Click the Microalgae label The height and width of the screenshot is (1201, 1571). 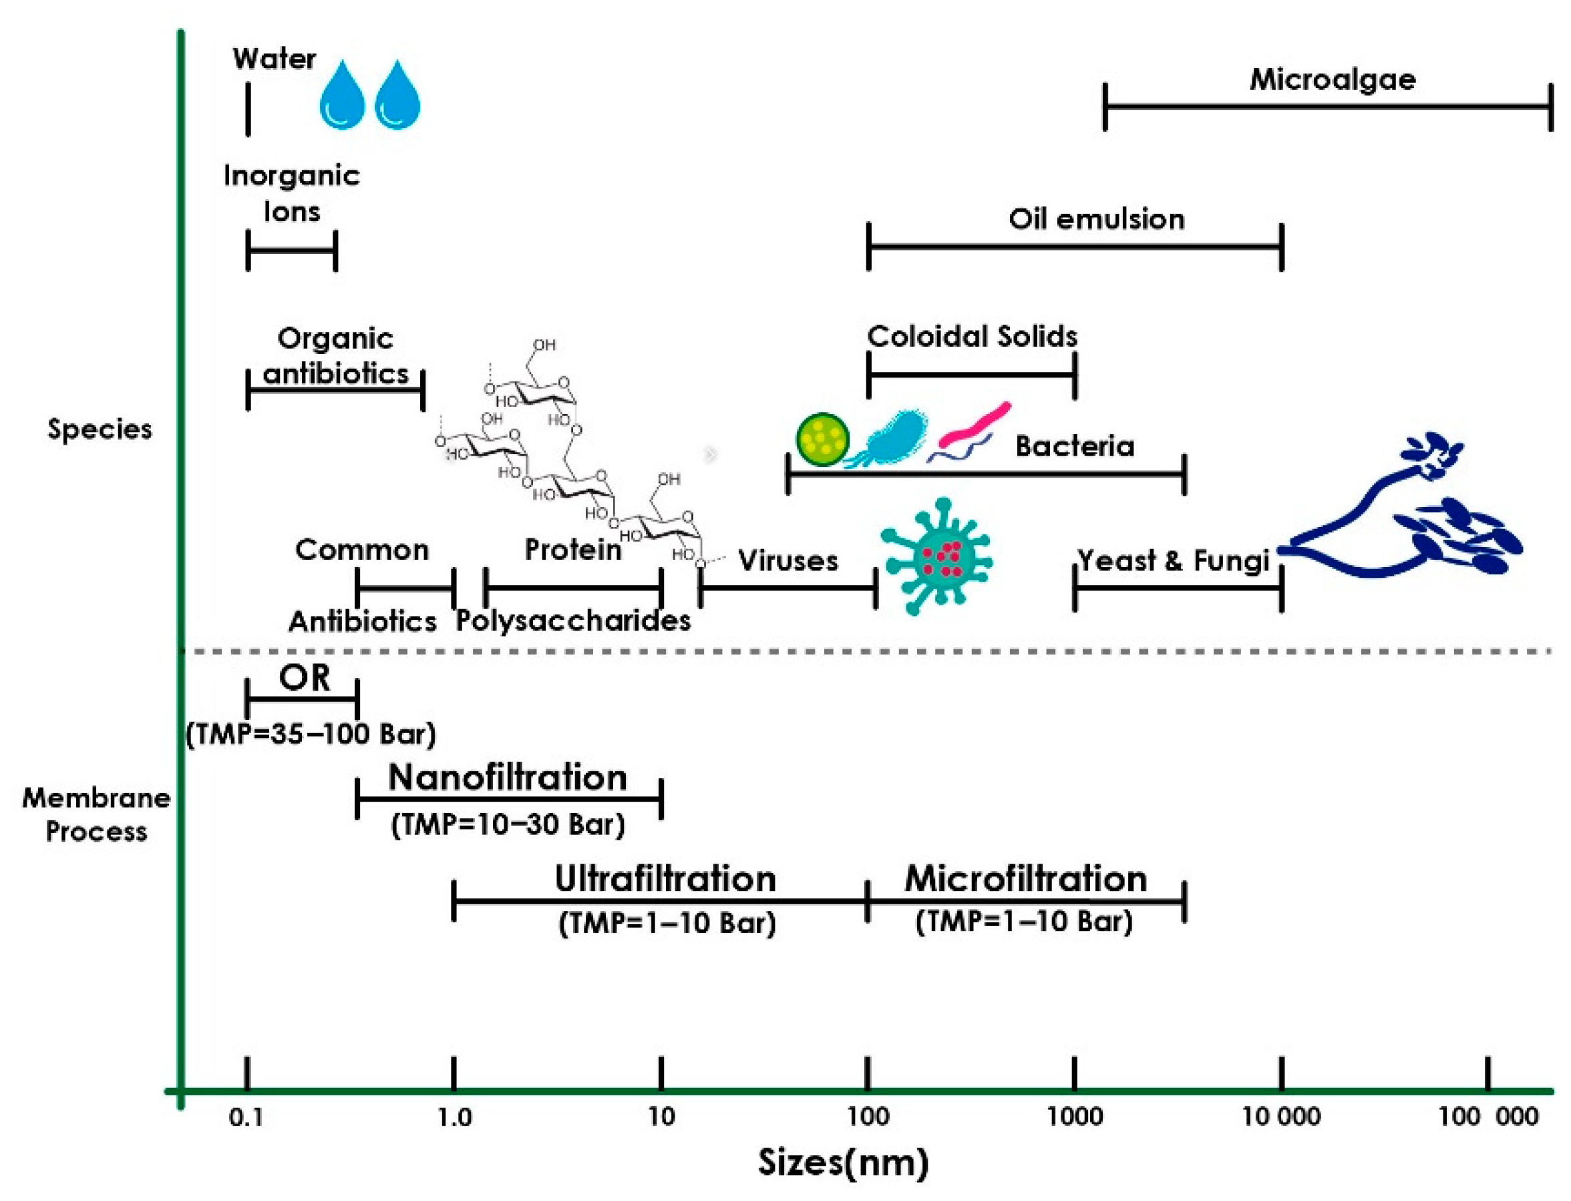pyautogui.click(x=1332, y=79)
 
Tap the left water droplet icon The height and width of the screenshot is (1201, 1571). pyautogui.click(x=341, y=96)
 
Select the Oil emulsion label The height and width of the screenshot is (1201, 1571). pyautogui.click(x=1095, y=218)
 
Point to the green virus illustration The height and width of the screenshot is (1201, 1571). pyautogui.click(x=938, y=556)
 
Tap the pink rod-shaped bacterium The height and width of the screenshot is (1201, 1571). pyautogui.click(x=975, y=425)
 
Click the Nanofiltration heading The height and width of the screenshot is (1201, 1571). pyautogui.click(x=507, y=778)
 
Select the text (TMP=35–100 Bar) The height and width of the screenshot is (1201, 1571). pyautogui.click(x=310, y=734)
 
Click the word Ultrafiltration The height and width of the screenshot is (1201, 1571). pyautogui.click(x=665, y=878)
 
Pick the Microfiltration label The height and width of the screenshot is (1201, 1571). pyautogui.click(x=1025, y=878)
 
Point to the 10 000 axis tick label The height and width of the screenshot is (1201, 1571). pyautogui.click(x=1281, y=1117)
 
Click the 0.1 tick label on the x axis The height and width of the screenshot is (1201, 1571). pyautogui.click(x=246, y=1118)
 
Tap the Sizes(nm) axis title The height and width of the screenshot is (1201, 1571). pyautogui.click(x=843, y=1162)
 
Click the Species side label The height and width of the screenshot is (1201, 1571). pyautogui.click(x=100, y=429)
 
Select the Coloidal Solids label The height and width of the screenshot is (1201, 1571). pyautogui.click(x=971, y=336)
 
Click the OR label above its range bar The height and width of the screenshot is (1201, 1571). pyautogui.click(x=305, y=678)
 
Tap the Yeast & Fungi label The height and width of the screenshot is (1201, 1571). pyautogui.click(x=1173, y=560)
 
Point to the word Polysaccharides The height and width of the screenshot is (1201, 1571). pyautogui.click(x=573, y=621)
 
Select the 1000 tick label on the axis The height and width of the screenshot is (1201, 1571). pyautogui.click(x=1074, y=1117)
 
